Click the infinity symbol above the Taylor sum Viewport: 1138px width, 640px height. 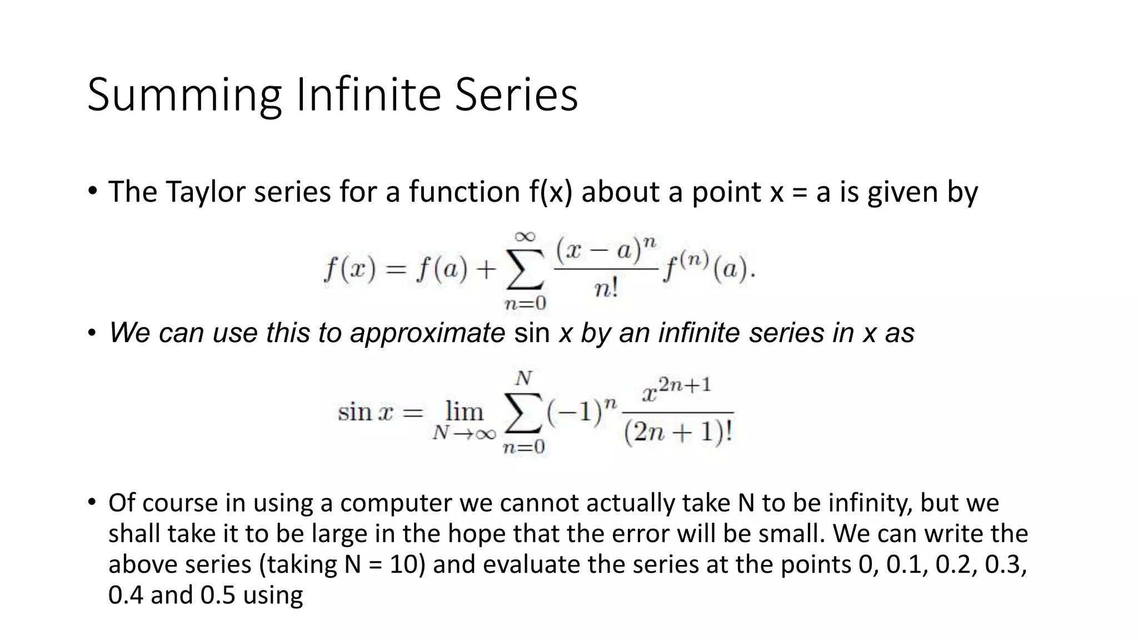pyautogui.click(x=525, y=237)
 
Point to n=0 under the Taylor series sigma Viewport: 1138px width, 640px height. pyautogui.click(x=525, y=303)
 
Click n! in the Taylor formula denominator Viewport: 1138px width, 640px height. pyautogui.click(x=606, y=289)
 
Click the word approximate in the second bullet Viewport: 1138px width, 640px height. pyautogui.click(x=427, y=333)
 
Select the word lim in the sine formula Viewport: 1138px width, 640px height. pyautogui.click(x=465, y=412)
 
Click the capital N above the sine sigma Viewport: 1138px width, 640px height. pyautogui.click(x=523, y=379)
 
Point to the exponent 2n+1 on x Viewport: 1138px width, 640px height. pyautogui.click(x=685, y=385)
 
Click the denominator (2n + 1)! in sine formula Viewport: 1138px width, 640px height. pyautogui.click(x=678, y=432)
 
